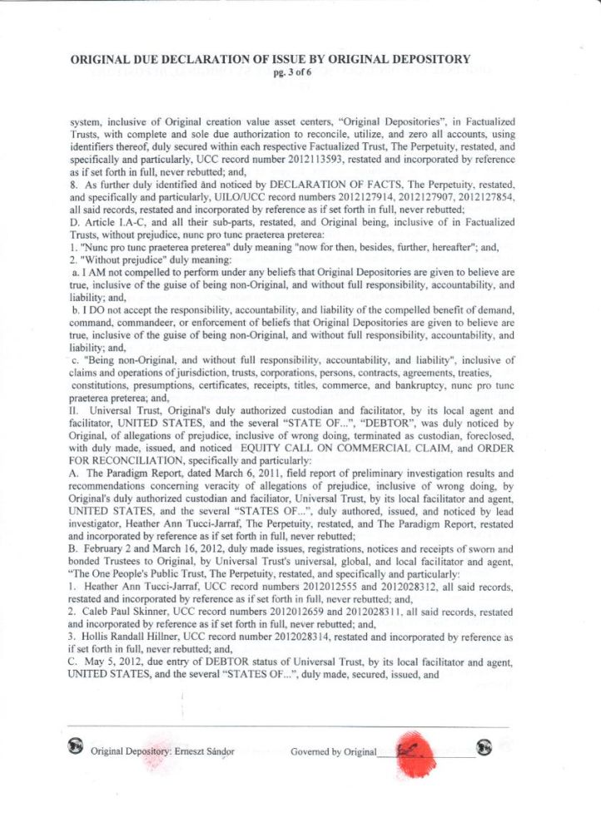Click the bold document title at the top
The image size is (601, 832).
[x=271, y=59]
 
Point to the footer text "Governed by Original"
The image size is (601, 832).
[x=334, y=751]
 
